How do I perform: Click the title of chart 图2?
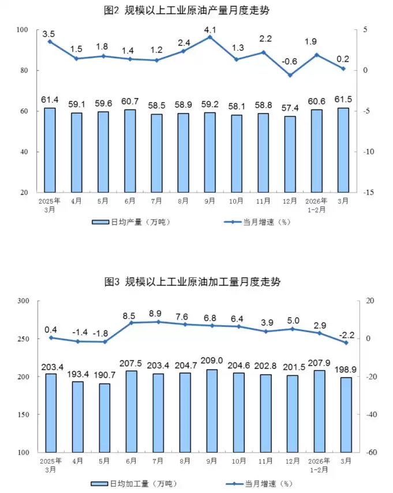point(197,10)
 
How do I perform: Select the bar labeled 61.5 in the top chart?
point(343,150)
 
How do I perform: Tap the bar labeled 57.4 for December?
point(290,154)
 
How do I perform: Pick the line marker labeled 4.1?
point(210,37)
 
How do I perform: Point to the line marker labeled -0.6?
point(290,76)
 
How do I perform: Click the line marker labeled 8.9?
point(158,322)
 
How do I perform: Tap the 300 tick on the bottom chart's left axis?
point(23,301)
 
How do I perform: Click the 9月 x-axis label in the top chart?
point(210,201)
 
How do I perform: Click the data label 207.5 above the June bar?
point(131,362)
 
